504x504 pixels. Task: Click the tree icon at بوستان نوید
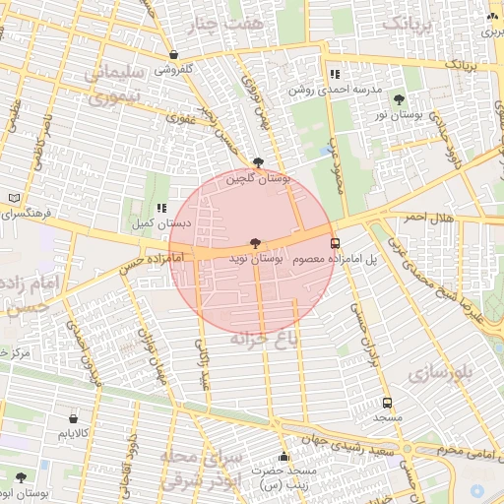point(255,242)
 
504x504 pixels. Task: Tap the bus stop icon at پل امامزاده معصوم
point(335,243)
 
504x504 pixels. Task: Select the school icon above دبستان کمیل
point(160,208)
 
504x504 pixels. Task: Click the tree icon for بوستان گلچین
point(258,163)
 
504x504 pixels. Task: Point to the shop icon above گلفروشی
point(174,55)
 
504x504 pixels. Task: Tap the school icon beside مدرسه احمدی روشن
point(335,74)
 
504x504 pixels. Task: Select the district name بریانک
point(406,23)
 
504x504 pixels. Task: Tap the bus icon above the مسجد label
point(387,403)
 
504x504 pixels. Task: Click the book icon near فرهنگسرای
point(13,197)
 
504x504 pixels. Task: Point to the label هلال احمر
point(428,217)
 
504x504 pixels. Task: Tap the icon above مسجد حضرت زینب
point(283,456)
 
